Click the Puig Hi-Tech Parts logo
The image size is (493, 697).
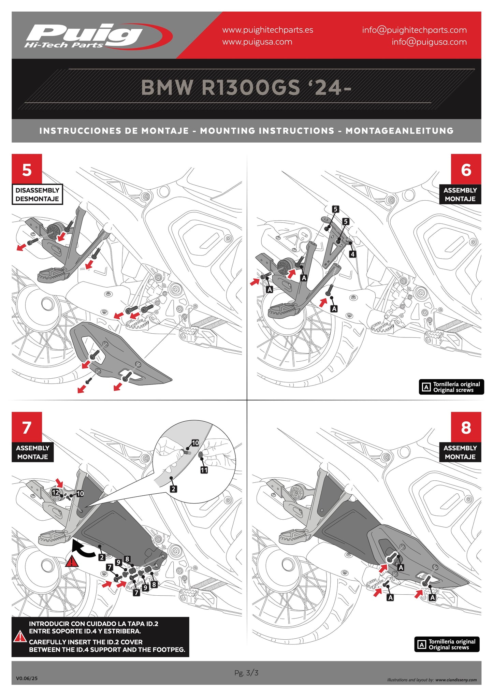[97, 36]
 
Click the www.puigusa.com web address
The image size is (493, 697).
[257, 42]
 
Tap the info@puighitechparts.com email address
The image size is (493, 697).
[414, 30]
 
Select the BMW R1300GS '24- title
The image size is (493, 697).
[246, 88]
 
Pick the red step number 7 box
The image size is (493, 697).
[27, 427]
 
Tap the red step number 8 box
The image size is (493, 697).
[466, 427]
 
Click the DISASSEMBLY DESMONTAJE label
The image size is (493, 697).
[37, 194]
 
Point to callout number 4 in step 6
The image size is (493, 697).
[352, 254]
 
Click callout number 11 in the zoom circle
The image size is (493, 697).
[204, 470]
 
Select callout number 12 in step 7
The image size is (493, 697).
[55, 492]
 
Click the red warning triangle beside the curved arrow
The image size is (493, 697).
[72, 562]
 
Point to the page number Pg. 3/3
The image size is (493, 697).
[246, 673]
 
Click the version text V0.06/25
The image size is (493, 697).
[27, 678]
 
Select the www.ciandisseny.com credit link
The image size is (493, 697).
[456, 680]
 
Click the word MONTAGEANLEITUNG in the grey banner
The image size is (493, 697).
[399, 131]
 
